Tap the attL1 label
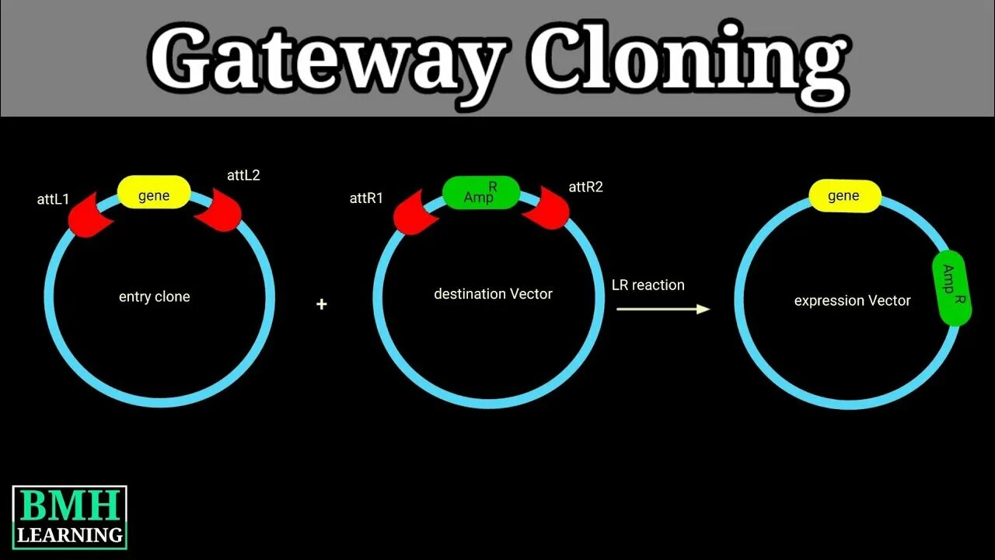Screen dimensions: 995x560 tap(53, 199)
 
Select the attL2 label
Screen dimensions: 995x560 tap(243, 175)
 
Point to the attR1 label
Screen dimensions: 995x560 tap(366, 198)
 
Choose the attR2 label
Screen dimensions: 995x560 tap(585, 187)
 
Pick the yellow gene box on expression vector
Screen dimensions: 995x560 tap(844, 196)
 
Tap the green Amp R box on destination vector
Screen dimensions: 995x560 tap(481, 193)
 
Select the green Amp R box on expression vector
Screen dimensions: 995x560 tap(951, 287)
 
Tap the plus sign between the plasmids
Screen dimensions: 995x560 tap(322, 304)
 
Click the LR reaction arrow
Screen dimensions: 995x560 tap(663, 309)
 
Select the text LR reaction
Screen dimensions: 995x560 tap(648, 285)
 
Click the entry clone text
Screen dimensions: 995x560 tap(154, 296)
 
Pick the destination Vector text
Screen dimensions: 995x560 tap(493, 294)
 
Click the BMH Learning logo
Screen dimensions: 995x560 tap(69, 517)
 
